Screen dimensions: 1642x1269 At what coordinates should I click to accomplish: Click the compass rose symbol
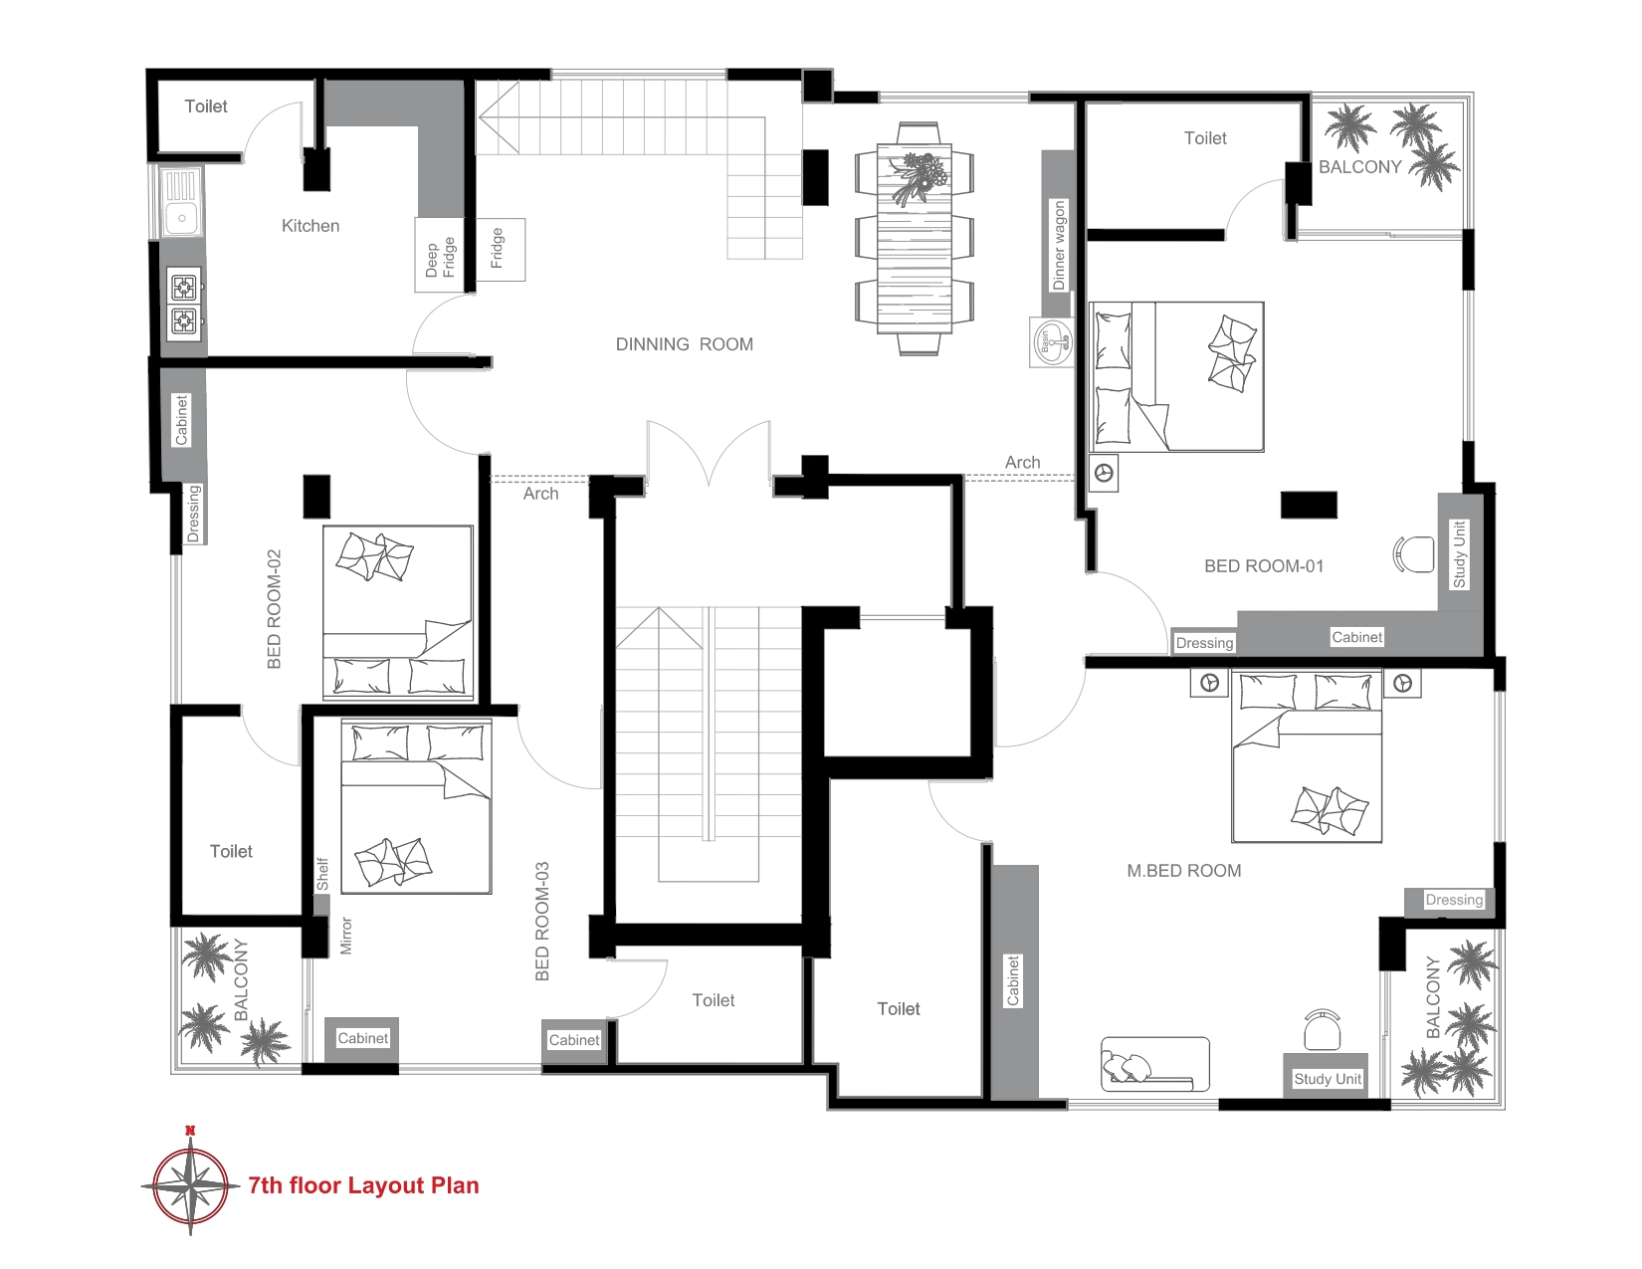coord(190,1185)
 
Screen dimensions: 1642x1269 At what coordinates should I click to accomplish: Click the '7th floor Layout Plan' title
coord(363,1185)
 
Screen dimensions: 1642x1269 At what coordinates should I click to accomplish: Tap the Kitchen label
coord(310,225)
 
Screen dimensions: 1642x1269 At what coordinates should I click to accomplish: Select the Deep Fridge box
coord(439,256)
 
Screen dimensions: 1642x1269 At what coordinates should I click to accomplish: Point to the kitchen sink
coord(181,202)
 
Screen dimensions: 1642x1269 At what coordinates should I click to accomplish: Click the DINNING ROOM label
coord(685,344)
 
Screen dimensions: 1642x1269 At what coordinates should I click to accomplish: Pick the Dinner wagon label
coord(1058,245)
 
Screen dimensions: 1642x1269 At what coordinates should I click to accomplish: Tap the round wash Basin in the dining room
coord(1051,341)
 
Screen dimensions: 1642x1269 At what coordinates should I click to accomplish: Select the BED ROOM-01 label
coord(1264,566)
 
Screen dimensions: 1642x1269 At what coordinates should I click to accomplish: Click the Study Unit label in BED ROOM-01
coord(1459,554)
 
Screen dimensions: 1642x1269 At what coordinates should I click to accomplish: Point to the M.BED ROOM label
coord(1184,871)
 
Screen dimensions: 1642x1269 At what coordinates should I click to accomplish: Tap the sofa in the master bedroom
coord(1154,1064)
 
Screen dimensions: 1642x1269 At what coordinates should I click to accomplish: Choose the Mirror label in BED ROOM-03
coord(346,936)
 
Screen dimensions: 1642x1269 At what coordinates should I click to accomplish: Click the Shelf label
coord(322,874)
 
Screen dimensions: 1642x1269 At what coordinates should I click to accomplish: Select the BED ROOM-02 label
coord(274,609)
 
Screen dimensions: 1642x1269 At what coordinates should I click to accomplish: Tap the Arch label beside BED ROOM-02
coord(541,494)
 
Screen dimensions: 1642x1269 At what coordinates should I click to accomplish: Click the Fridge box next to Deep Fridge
coord(501,250)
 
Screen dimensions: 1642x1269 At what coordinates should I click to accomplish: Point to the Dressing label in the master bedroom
coord(1454,900)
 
